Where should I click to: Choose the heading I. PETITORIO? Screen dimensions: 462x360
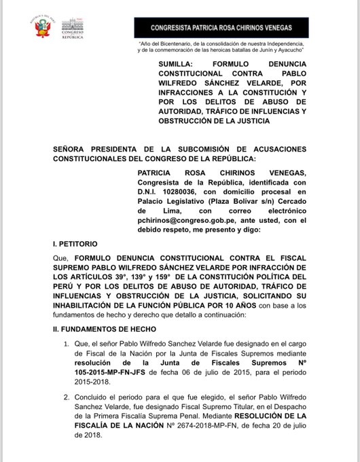pos(75,243)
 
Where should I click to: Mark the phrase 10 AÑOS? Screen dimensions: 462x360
pos(238,304)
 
